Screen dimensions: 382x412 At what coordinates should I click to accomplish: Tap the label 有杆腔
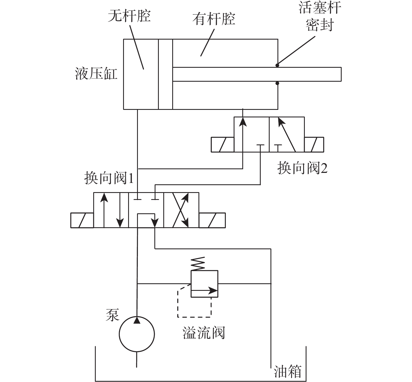pyautogui.click(x=214, y=19)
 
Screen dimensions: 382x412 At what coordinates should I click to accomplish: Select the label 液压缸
pyautogui.click(x=96, y=74)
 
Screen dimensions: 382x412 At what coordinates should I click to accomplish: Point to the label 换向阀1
pyautogui.click(x=109, y=178)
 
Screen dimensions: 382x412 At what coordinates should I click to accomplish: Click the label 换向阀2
pyautogui.click(x=302, y=168)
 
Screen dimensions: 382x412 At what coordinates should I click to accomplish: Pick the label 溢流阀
pyautogui.click(x=204, y=333)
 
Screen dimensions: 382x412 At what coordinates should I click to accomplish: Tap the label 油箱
pyautogui.click(x=288, y=371)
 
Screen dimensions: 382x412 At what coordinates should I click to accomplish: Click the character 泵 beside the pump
pyautogui.click(x=112, y=315)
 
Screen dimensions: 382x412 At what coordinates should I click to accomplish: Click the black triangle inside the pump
pyautogui.click(x=137, y=320)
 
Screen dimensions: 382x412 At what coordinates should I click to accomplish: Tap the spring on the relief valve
pyautogui.click(x=198, y=264)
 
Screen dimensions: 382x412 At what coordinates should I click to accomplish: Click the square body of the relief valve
pyautogui.click(x=204, y=284)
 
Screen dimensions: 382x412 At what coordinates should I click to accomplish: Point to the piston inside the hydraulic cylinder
pyautogui.click(x=165, y=74)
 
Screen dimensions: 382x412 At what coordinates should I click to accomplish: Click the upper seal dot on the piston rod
pyautogui.click(x=277, y=65)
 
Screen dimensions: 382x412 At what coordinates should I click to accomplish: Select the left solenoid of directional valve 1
pyautogui.click(x=82, y=220)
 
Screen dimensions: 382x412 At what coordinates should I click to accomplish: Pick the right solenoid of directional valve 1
pyautogui.click(x=212, y=220)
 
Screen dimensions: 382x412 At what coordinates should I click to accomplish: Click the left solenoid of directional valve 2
pyautogui.click(x=222, y=144)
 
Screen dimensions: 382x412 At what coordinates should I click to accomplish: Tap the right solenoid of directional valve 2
pyautogui.click(x=314, y=144)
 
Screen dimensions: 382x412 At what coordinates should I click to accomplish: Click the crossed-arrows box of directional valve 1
pyautogui.click(x=181, y=210)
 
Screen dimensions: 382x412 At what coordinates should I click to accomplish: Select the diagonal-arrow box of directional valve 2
pyautogui.click(x=287, y=134)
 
